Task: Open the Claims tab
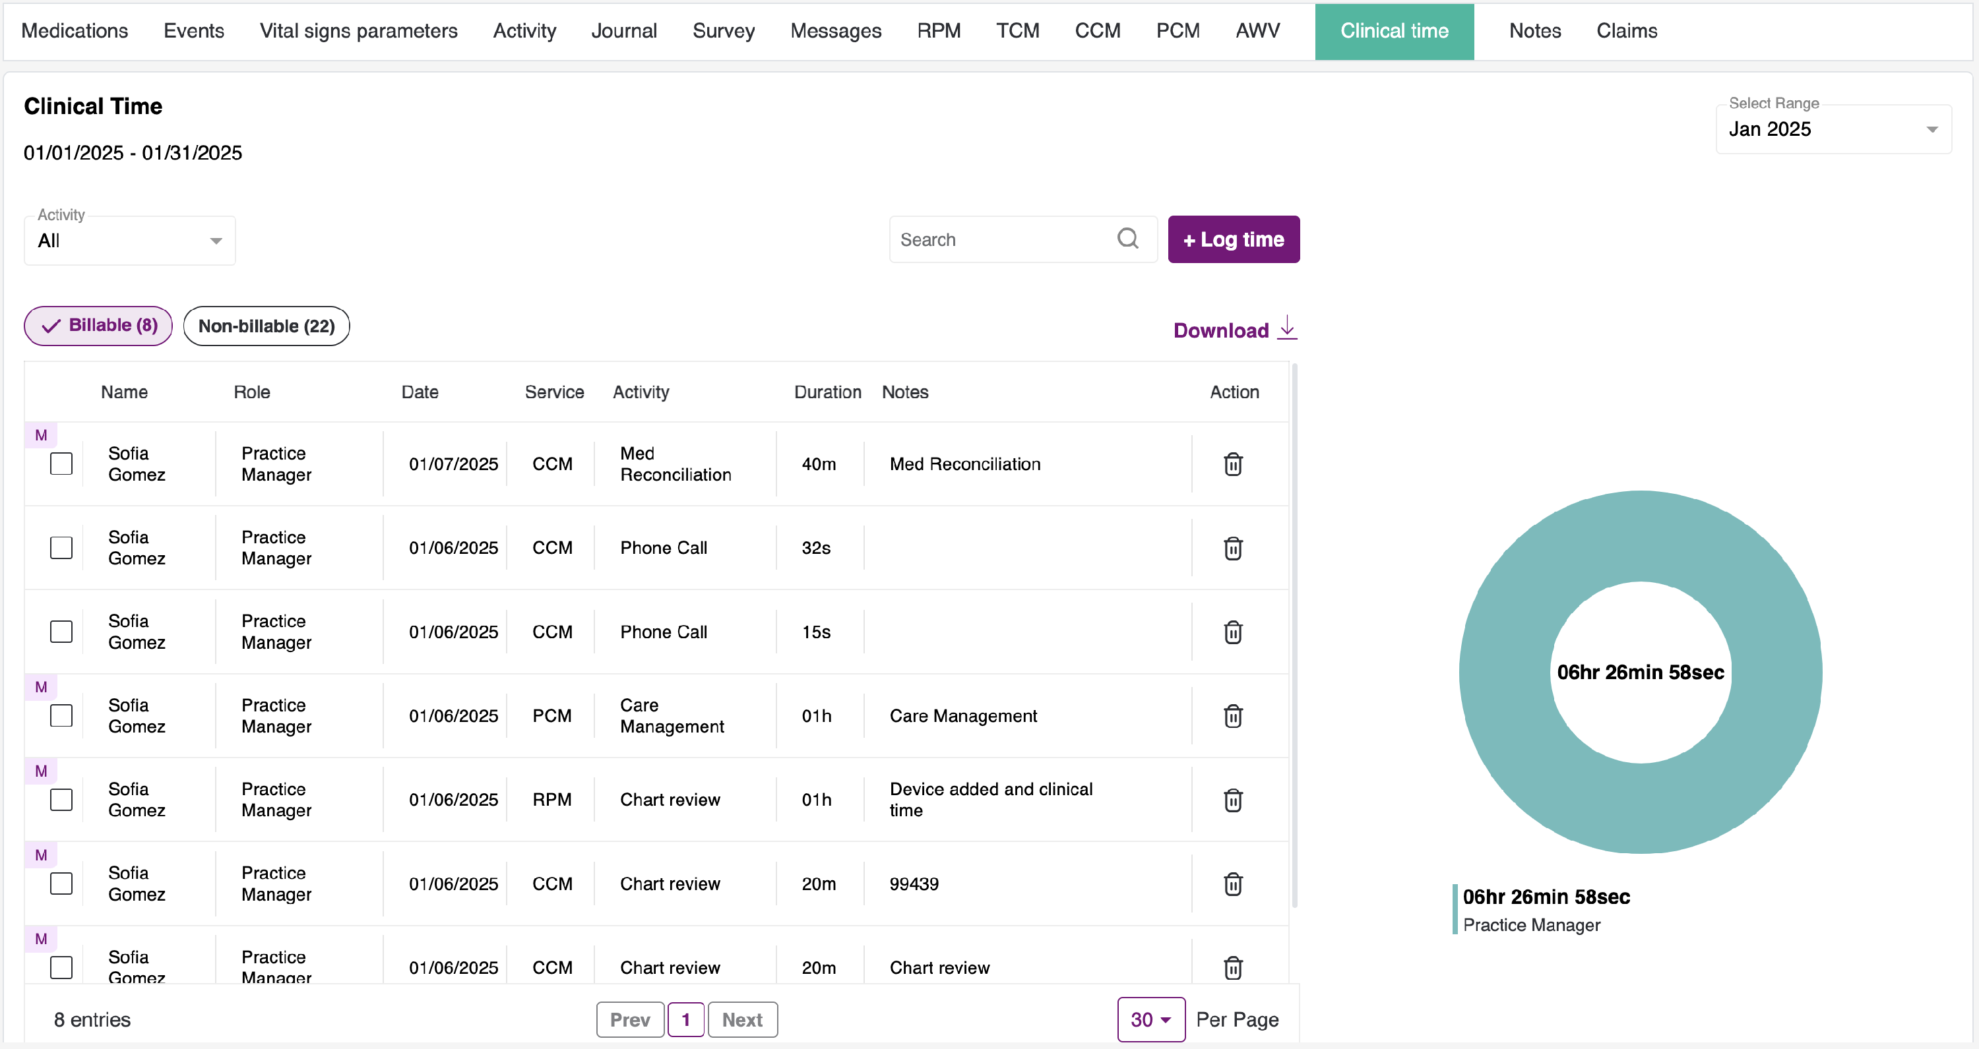[x=1626, y=31]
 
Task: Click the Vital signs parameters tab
[x=358, y=31]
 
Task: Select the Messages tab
[x=835, y=31]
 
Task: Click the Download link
[x=1234, y=330]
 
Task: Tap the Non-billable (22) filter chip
[x=266, y=326]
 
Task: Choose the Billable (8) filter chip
[x=98, y=326]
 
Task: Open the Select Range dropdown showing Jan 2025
[x=1833, y=129]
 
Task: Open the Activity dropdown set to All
[x=129, y=241]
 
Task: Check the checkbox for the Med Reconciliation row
[x=61, y=464]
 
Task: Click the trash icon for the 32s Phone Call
[x=1232, y=549]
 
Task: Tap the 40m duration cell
[x=818, y=464]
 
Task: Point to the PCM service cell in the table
[x=551, y=716]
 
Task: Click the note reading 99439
[x=914, y=884]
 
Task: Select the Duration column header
[x=827, y=392]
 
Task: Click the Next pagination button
[x=741, y=1020]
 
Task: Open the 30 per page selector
[x=1150, y=1020]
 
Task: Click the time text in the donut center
[x=1640, y=672]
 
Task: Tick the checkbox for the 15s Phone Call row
[x=61, y=632]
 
